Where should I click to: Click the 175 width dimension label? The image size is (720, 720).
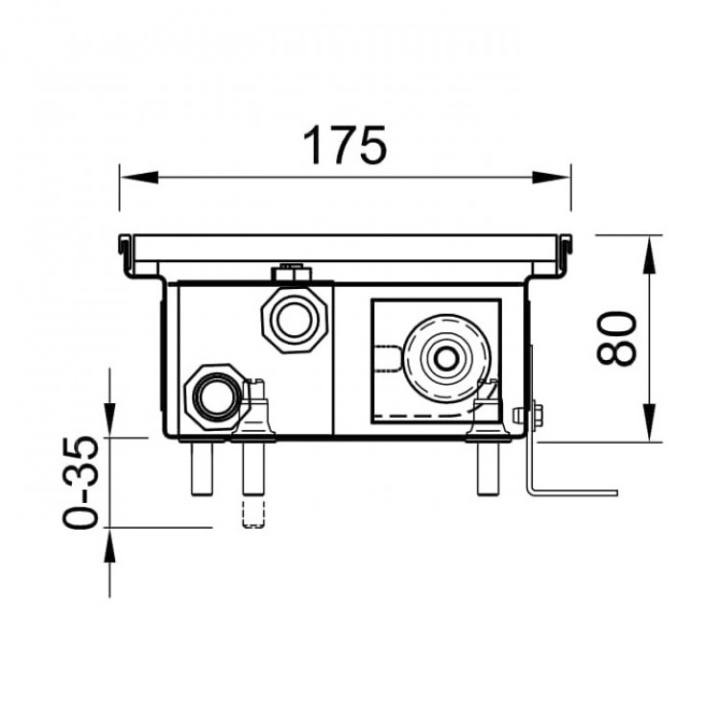[x=345, y=145]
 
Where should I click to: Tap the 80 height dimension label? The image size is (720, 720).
[x=616, y=339]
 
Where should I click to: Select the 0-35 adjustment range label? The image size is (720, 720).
[x=80, y=482]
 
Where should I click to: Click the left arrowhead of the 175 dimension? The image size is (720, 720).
[x=138, y=178]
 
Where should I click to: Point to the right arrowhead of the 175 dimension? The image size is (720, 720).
[x=551, y=178]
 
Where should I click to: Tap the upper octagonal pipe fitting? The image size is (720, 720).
[x=295, y=320]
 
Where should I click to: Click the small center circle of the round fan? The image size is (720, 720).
[x=445, y=359]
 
